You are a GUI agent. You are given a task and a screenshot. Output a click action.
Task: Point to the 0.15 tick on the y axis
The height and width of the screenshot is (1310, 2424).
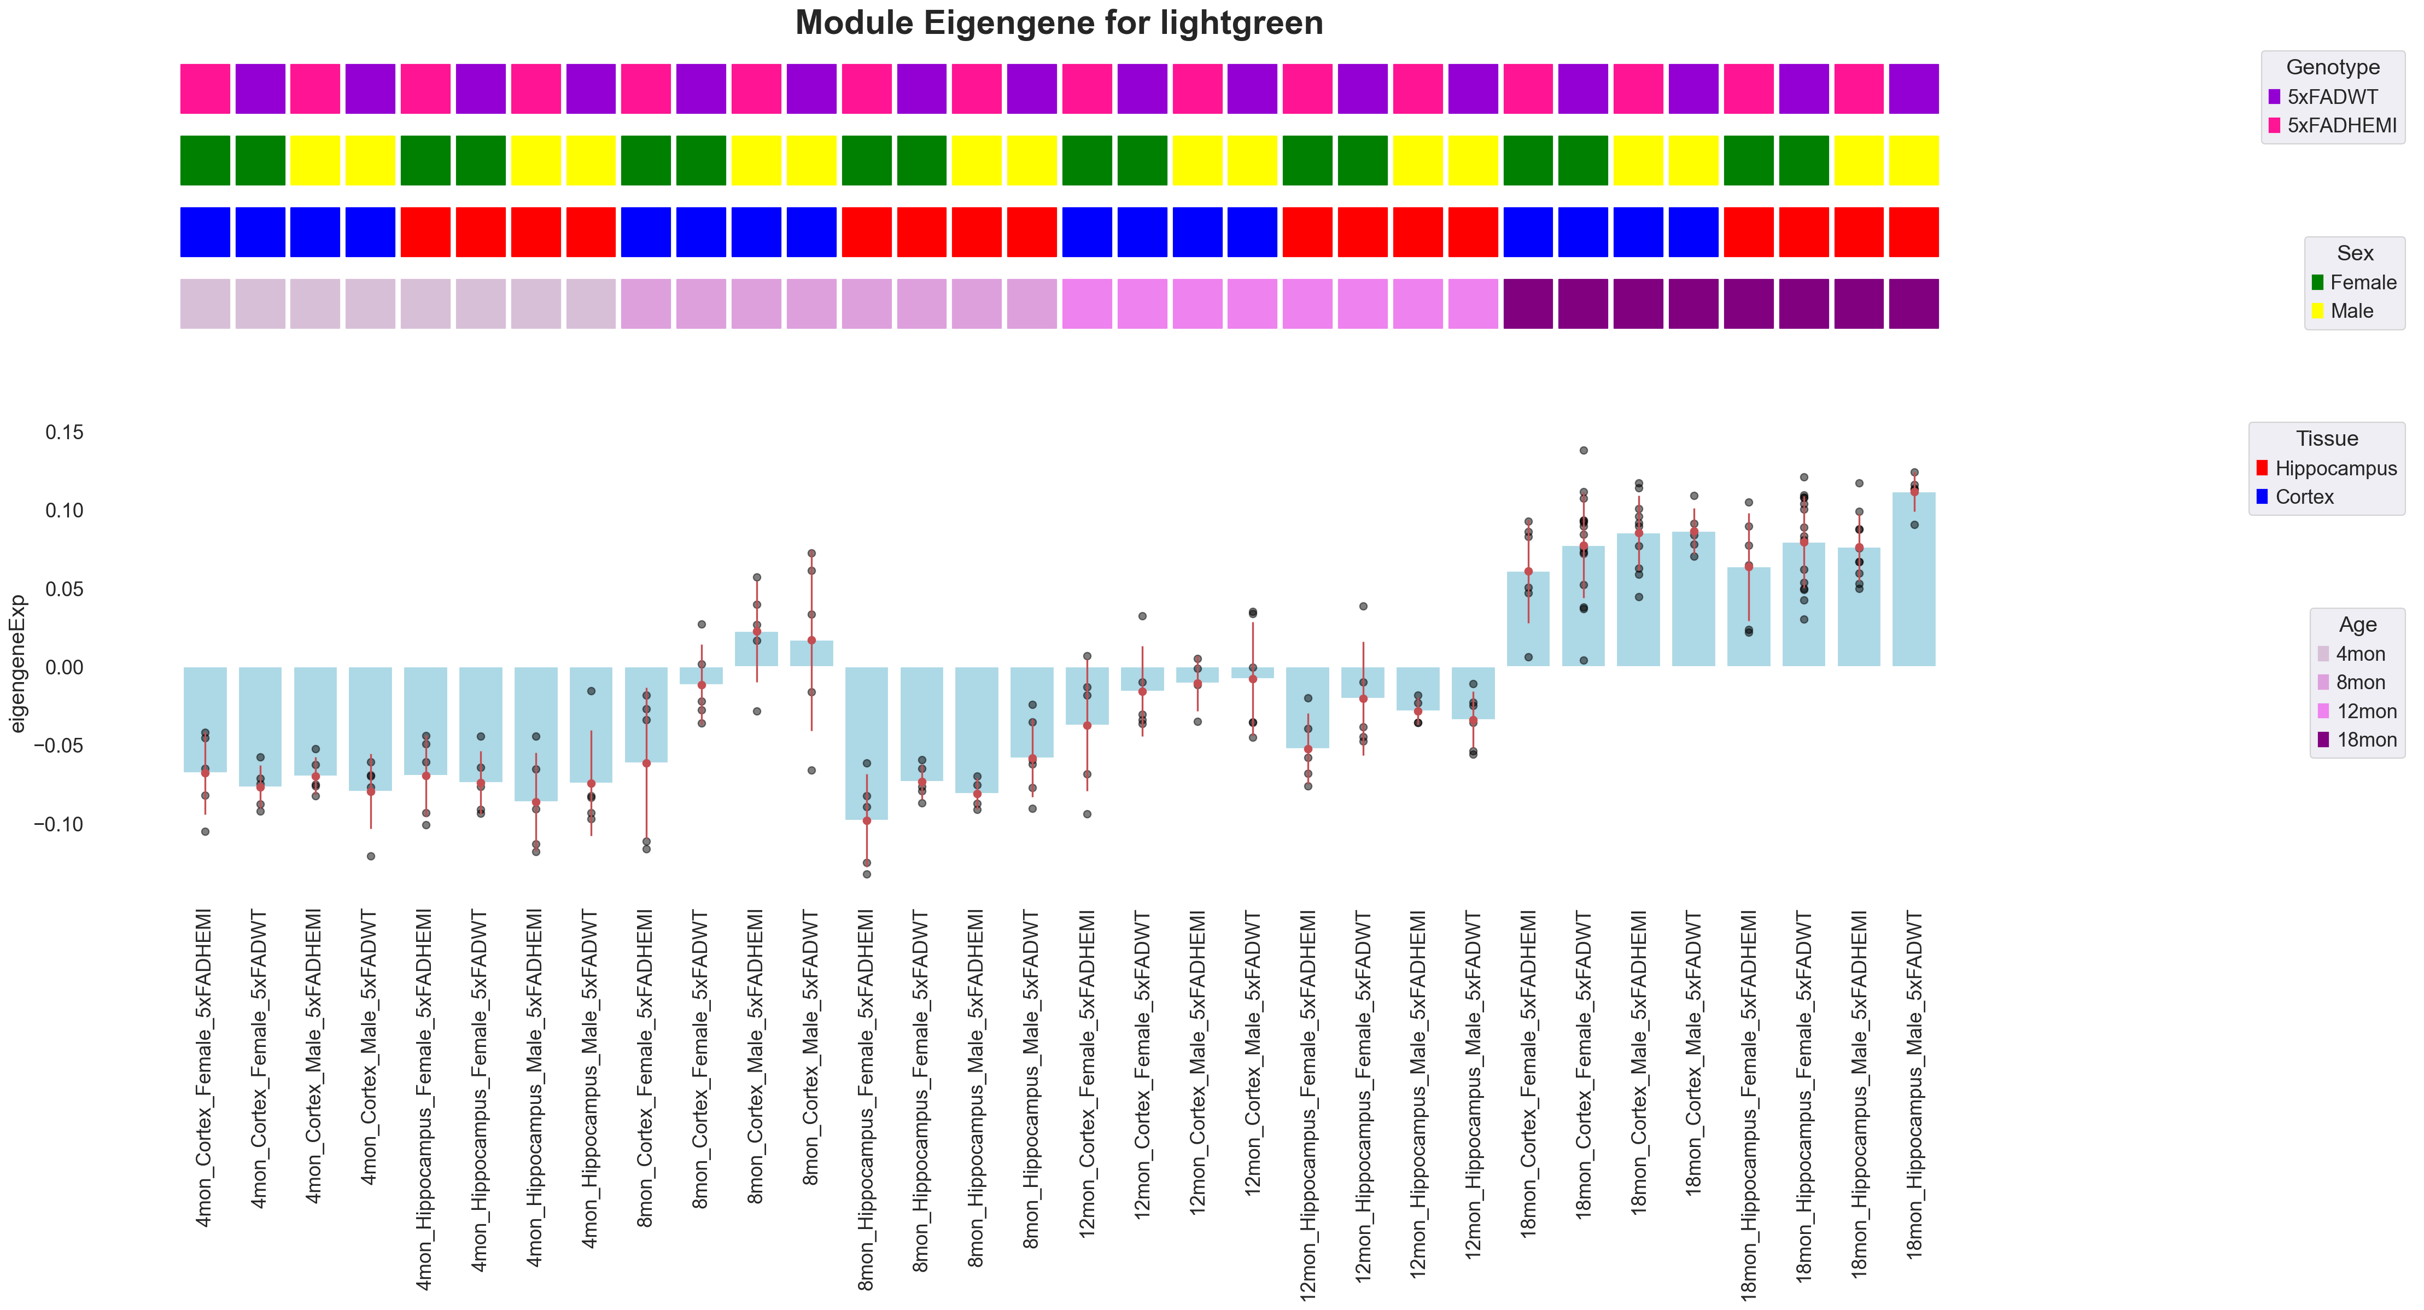pyautogui.click(x=64, y=432)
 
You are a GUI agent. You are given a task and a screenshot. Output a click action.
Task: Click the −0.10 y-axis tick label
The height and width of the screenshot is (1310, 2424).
pyautogui.click(x=59, y=824)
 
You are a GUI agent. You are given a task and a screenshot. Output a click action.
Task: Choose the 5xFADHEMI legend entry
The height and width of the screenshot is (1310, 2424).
pyautogui.click(x=2341, y=125)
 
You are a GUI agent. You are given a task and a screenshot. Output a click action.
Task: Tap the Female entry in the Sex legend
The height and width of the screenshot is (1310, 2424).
pyautogui.click(x=2362, y=282)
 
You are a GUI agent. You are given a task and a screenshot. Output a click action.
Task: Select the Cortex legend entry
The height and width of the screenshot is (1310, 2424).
pyautogui.click(x=2304, y=497)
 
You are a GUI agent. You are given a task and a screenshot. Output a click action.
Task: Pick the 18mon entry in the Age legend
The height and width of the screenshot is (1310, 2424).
pyautogui.click(x=2365, y=740)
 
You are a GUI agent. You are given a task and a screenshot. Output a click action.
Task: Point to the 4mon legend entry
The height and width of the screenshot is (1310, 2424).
pyautogui.click(x=2360, y=654)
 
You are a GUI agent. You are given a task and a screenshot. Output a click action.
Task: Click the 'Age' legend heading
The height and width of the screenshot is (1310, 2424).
pyautogui.click(x=2357, y=625)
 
